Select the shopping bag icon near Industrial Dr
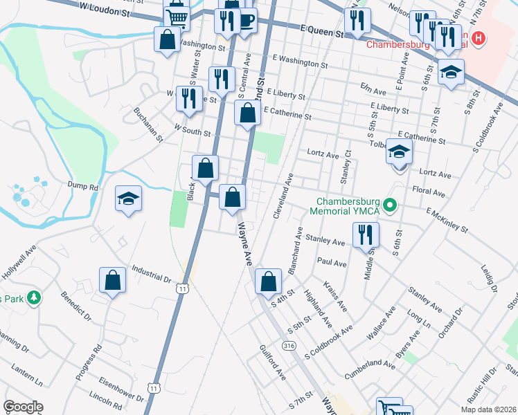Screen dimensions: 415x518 112,280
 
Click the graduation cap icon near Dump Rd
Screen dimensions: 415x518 129,199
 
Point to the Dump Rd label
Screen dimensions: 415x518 84,187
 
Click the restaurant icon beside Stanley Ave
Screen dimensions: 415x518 366,234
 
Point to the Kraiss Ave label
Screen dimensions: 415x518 334,295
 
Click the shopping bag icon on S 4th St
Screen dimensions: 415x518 268,282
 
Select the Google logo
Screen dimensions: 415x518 23,407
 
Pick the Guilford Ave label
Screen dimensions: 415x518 272,362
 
